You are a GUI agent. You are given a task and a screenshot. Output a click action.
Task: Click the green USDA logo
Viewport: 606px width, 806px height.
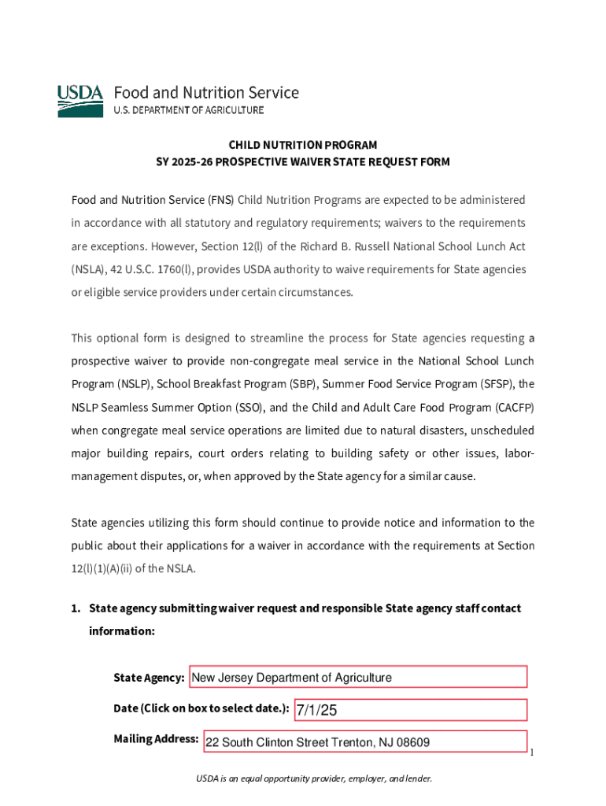[80, 102]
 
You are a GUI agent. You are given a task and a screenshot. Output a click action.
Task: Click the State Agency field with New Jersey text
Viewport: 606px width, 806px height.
[359, 677]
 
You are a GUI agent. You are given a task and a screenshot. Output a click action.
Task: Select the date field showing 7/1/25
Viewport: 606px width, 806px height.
[410, 710]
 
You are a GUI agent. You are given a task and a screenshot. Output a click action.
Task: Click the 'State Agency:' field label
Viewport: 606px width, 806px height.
[149, 678]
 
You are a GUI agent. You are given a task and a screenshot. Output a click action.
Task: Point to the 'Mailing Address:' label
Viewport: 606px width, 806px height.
[156, 739]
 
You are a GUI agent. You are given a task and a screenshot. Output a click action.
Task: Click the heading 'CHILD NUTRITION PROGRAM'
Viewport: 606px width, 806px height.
[303, 145]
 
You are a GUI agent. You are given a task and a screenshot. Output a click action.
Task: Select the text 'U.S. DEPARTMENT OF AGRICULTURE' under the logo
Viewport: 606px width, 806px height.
[190, 110]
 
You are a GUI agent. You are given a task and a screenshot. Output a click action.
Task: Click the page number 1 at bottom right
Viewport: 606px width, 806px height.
[532, 753]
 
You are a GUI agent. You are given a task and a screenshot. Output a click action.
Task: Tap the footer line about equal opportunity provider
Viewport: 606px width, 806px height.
[314, 778]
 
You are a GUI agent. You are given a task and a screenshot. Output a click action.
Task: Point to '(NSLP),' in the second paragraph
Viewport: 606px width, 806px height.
[121, 385]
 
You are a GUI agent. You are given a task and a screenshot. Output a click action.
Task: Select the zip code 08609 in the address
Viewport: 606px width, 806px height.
[412, 742]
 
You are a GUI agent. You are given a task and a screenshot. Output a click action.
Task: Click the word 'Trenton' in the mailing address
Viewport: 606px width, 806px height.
[342, 742]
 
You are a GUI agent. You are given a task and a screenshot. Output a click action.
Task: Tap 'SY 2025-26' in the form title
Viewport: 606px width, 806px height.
[184, 162]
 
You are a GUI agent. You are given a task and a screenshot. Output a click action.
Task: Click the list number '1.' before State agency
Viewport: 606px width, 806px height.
[76, 608]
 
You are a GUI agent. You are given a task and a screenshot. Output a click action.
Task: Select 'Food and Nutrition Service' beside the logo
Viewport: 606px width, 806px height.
[207, 93]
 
